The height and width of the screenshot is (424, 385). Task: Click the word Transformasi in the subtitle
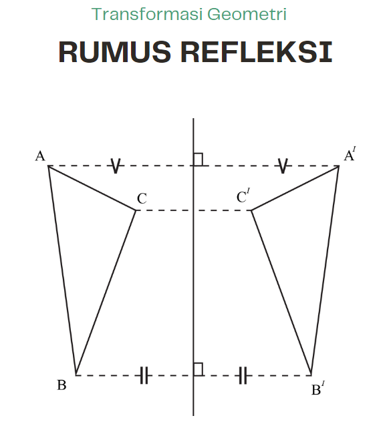pos(147,14)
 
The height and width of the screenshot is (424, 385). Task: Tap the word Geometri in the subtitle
pos(247,14)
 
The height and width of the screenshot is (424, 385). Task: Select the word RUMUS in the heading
pos(115,52)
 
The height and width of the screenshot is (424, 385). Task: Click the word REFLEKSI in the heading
pos(257,52)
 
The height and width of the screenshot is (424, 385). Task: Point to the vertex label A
pos(40,156)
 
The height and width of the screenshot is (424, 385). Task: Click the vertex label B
pos(61,385)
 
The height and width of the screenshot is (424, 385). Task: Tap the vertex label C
pos(142,198)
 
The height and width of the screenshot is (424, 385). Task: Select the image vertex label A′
pos(350,154)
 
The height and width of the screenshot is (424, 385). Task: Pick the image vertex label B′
pos(318,388)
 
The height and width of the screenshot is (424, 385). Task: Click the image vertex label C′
pos(243,196)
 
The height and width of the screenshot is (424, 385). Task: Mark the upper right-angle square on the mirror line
pos(199,160)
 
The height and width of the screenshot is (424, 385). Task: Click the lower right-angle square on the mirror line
pos(199,369)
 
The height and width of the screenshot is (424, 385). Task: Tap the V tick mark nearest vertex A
pos(116,166)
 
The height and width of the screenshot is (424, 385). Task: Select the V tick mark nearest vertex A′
pos(283,166)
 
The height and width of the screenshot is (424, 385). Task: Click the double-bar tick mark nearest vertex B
pos(144,375)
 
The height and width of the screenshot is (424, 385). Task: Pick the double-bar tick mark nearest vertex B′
pos(243,375)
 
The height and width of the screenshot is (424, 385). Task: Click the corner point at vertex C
pos(136,210)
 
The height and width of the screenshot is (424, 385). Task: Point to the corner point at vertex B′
pos(311,375)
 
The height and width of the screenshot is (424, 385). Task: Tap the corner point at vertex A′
pos(339,166)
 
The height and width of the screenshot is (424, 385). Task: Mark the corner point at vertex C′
pos(251,210)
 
